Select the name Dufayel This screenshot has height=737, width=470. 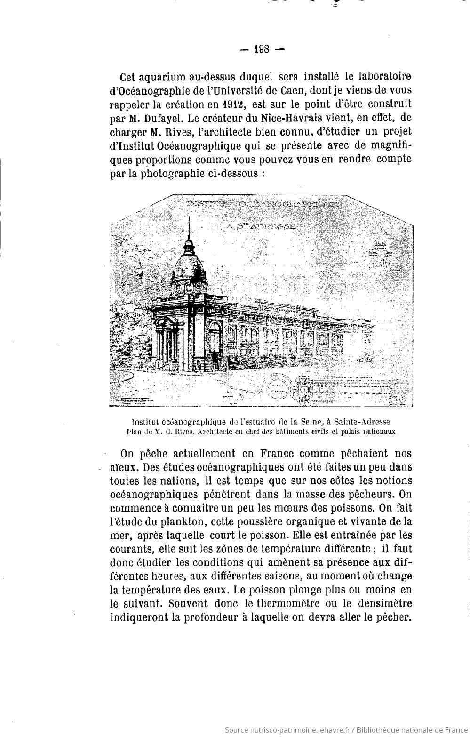click(x=157, y=117)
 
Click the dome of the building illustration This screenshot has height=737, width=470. click(x=188, y=269)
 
